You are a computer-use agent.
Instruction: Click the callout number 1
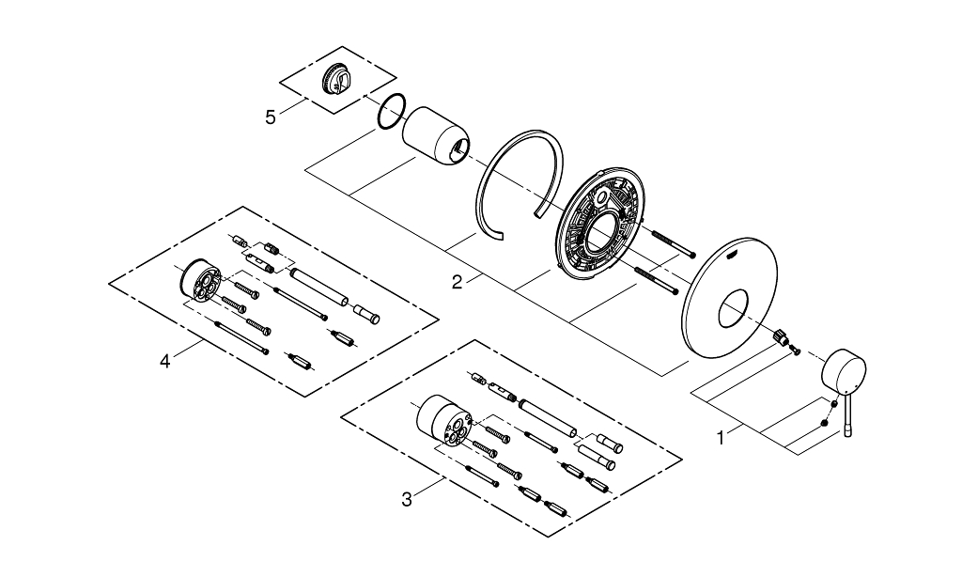click(x=721, y=436)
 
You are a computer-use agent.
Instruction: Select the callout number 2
click(x=457, y=282)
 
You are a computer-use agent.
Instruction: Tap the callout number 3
click(x=406, y=499)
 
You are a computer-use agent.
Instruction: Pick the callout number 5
click(x=271, y=117)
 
